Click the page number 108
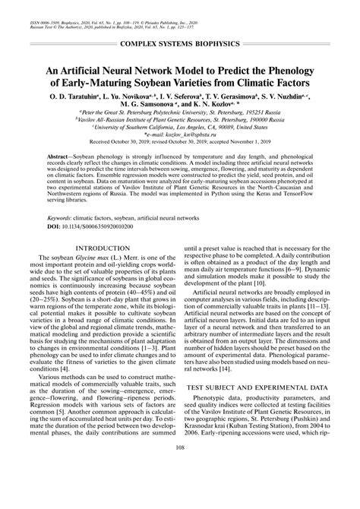[180, 489]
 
